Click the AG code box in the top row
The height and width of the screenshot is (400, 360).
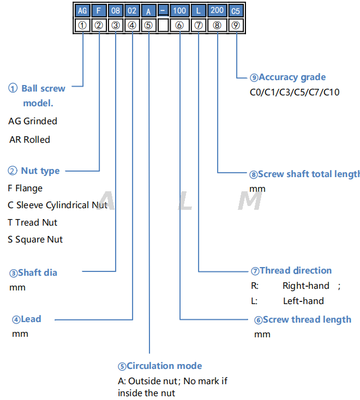pos(82,11)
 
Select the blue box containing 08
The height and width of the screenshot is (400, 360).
pos(116,11)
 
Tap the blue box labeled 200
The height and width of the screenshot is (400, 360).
pos(217,11)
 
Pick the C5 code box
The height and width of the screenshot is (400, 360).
pos(236,11)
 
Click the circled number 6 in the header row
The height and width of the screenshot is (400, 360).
pos(179,25)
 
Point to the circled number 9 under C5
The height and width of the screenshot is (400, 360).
pos(236,25)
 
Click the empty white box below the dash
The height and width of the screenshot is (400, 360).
pos(163,25)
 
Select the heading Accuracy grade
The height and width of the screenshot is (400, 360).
pos(288,77)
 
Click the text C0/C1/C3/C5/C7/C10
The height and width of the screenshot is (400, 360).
pos(294,92)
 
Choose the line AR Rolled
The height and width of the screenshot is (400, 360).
pos(29,140)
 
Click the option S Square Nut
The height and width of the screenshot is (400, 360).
pos(35,239)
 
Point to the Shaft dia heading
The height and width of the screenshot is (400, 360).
pos(33,272)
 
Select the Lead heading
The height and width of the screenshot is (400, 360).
pos(27,319)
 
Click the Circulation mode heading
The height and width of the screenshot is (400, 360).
pos(160,366)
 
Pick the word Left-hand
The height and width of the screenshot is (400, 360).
pos(303,301)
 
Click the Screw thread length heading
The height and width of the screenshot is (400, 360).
pos(303,320)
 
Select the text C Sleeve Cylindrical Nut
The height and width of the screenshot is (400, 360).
pos(57,205)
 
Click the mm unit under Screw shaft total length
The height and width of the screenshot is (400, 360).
pos(257,189)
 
